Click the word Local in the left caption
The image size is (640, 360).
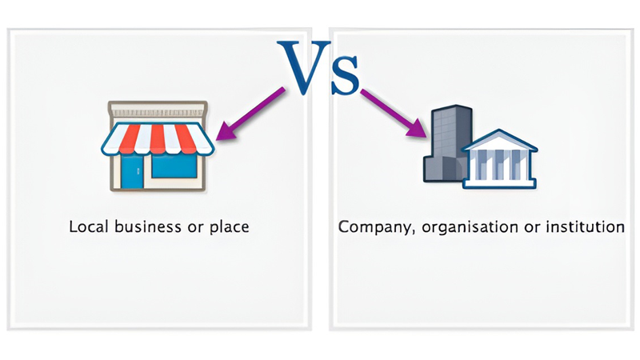[x=89, y=226]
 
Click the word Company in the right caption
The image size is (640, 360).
[x=371, y=227]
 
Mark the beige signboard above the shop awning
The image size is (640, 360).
[x=158, y=110]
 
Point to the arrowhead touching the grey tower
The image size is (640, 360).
[x=420, y=129]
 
